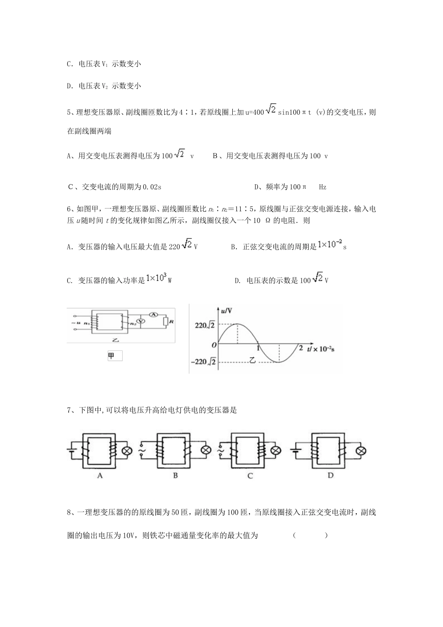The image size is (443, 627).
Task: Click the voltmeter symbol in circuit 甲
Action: (144, 322)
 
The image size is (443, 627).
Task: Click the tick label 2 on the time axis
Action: (301, 348)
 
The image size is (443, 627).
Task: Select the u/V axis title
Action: (227, 311)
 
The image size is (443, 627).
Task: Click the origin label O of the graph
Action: (214, 345)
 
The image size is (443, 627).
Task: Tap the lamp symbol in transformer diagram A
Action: (126, 451)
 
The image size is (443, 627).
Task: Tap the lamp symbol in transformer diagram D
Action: (360, 451)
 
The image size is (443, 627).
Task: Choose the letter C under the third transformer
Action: (250, 476)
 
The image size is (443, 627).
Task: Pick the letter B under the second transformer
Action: (175, 476)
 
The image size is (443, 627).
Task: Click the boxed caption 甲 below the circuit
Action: (115, 356)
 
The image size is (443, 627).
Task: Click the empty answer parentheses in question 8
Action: (310, 536)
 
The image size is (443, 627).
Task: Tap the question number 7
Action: (69, 411)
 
